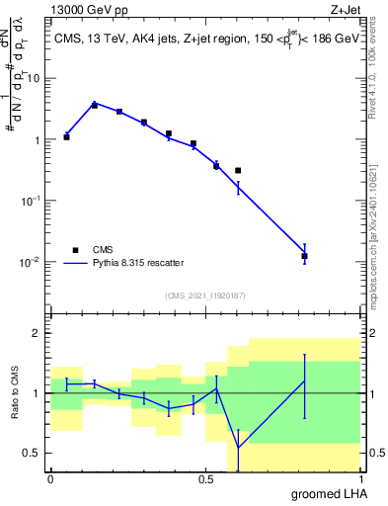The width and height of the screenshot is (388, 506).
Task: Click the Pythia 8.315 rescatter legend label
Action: [x=137, y=263]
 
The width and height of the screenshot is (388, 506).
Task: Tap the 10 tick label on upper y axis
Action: [x=34, y=78]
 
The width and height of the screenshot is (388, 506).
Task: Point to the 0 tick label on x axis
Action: [x=50, y=479]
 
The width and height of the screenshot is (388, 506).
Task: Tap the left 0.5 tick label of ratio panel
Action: [x=33, y=453]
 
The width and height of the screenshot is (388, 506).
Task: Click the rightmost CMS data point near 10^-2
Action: [x=304, y=256]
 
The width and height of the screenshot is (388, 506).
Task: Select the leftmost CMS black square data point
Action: [x=66, y=136]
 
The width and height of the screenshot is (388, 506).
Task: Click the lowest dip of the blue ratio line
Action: [x=238, y=448]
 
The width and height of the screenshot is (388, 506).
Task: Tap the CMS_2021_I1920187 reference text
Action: [x=204, y=295]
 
